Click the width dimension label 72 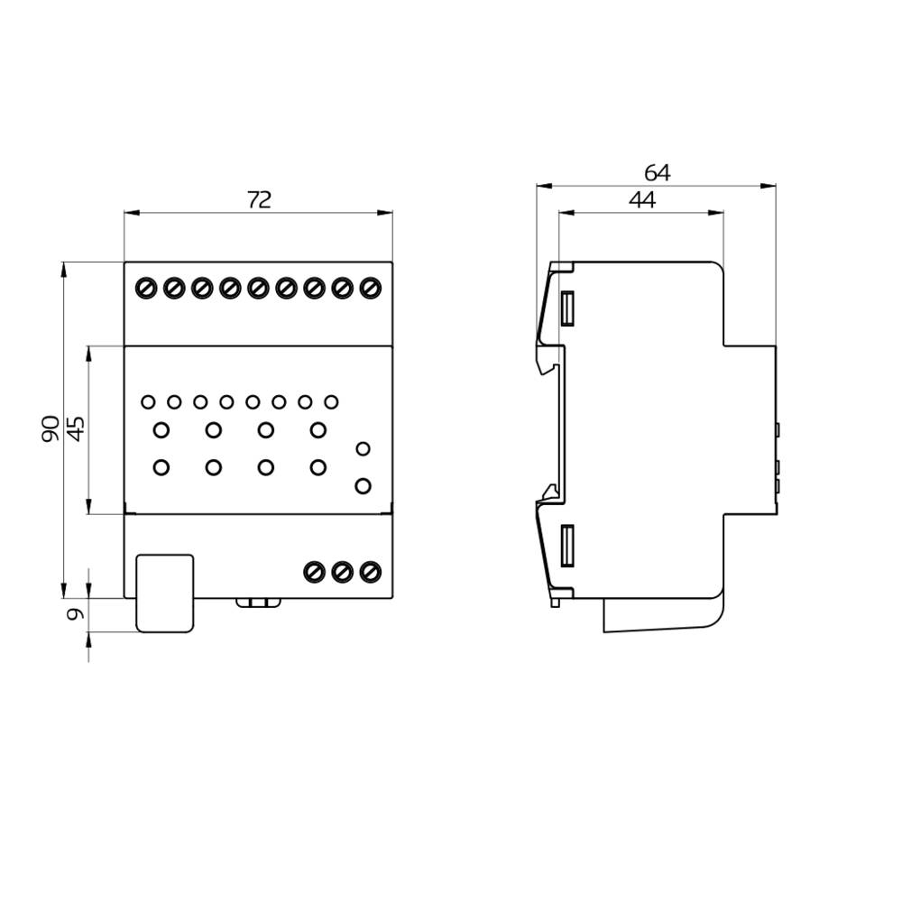[x=259, y=200]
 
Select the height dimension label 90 [x=51, y=428]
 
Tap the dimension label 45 [x=77, y=428]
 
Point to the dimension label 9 [x=77, y=614]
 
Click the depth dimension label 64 [x=657, y=172]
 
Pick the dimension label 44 [x=641, y=200]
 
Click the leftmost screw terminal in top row [x=146, y=288]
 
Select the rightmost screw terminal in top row [x=370, y=288]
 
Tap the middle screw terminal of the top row [x=258, y=288]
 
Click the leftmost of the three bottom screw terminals [x=314, y=571]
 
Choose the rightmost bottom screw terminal [x=369, y=571]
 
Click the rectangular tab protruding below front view [x=164, y=593]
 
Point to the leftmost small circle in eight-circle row [x=148, y=402]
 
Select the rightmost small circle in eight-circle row [x=331, y=402]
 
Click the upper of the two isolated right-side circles [x=363, y=448]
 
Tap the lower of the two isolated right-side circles [x=363, y=486]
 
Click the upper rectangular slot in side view [x=567, y=308]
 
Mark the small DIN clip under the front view [x=258, y=602]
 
